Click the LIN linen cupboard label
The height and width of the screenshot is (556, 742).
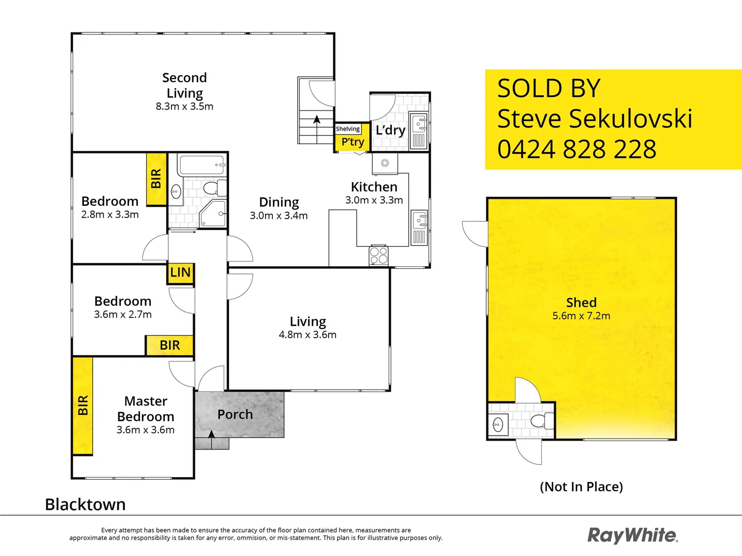pyautogui.click(x=180, y=272)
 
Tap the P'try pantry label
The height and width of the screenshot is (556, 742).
pyautogui.click(x=353, y=142)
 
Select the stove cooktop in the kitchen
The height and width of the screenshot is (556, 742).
pyautogui.click(x=378, y=255)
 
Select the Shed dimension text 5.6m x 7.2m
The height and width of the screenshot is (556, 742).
pyautogui.click(x=581, y=316)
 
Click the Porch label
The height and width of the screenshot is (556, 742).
pyautogui.click(x=235, y=414)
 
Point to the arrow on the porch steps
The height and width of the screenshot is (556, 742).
pyautogui.click(x=211, y=436)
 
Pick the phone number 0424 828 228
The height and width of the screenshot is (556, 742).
pyautogui.click(x=577, y=149)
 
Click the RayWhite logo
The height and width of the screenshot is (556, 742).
pyautogui.click(x=632, y=535)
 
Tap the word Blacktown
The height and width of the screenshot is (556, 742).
pyautogui.click(x=85, y=505)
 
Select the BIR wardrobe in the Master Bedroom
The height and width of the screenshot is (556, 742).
pyautogui.click(x=82, y=406)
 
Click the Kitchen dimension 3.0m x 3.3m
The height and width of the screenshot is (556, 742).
pyautogui.click(x=374, y=200)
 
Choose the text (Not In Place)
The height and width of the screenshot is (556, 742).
pyautogui.click(x=581, y=486)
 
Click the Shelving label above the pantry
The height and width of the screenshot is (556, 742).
pyautogui.click(x=348, y=129)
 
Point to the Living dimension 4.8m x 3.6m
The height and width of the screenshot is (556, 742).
pyautogui.click(x=307, y=335)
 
